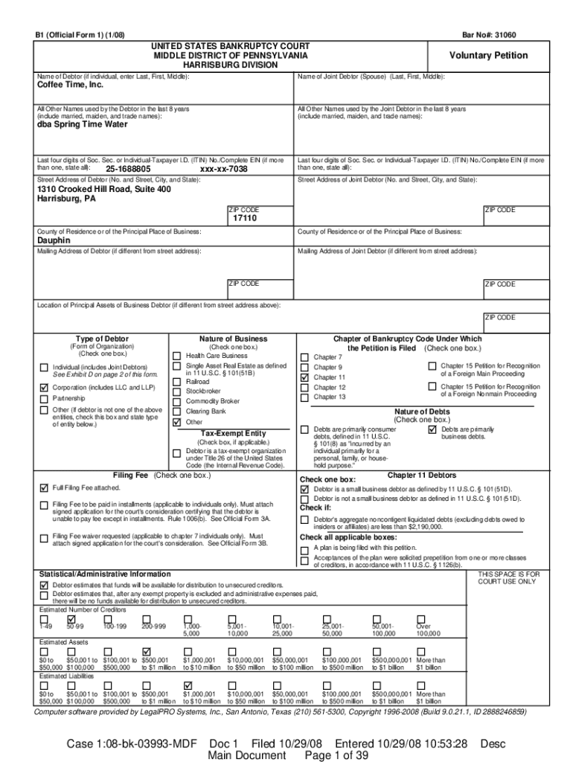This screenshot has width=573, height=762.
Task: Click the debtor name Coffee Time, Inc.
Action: click(70, 86)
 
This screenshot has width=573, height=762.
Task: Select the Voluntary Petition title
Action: click(488, 56)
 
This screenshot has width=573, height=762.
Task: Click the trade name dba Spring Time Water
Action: click(83, 124)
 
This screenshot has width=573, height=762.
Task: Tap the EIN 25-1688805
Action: click(128, 169)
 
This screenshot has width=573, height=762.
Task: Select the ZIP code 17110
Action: click(245, 219)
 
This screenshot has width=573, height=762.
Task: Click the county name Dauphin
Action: click(54, 241)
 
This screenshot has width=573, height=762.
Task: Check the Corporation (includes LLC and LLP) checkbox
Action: click(43, 388)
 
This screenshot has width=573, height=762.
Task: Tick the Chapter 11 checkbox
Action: click(304, 377)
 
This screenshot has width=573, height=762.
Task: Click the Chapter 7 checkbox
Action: click(304, 357)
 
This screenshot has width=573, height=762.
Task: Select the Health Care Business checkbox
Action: click(176, 356)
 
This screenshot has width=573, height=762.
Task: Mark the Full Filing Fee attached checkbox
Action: click(43, 488)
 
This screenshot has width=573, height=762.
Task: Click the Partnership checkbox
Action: click(43, 399)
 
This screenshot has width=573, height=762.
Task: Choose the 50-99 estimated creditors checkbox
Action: click(71, 619)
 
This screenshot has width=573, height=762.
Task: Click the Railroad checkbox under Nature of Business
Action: click(176, 381)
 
